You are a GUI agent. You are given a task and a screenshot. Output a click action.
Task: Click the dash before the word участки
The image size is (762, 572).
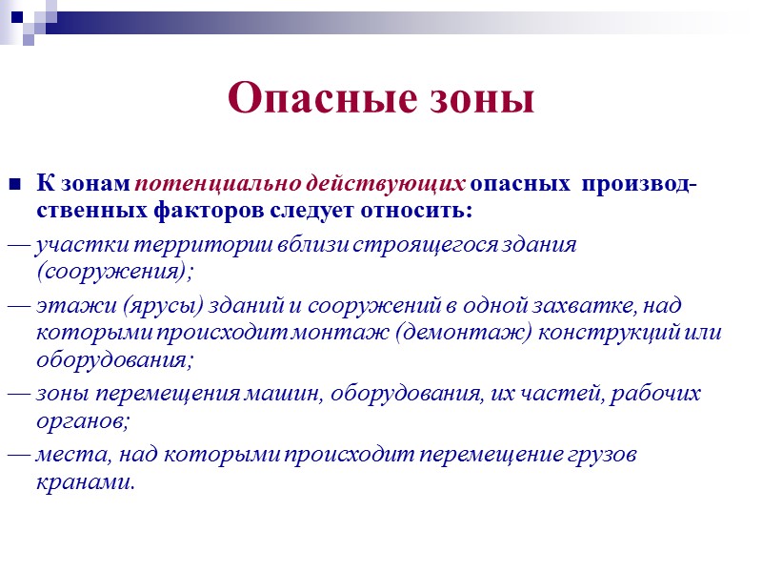[x=18, y=245]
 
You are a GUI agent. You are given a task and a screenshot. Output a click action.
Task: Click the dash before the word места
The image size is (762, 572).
[x=18, y=456]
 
